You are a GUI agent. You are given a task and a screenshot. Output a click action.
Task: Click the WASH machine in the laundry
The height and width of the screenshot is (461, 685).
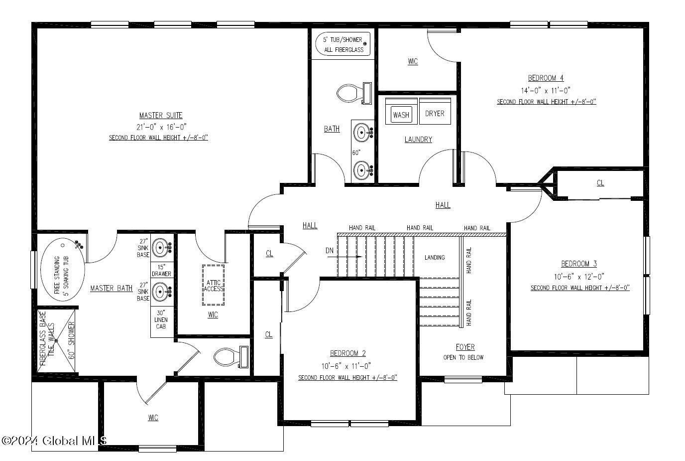tap(401, 111)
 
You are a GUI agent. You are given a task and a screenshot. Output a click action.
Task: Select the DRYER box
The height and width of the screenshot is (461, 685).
tap(435, 111)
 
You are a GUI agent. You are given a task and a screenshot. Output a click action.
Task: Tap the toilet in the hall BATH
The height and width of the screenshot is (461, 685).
tap(354, 93)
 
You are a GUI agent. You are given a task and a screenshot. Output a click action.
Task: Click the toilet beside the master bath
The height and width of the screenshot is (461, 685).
tap(231, 357)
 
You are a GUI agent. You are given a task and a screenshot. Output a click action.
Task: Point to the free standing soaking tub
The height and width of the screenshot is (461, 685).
tap(63, 270)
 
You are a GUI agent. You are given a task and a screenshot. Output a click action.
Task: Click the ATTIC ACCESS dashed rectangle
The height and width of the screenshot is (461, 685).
tap(213, 285)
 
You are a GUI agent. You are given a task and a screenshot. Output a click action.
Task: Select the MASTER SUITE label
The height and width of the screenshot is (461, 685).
tap(161, 116)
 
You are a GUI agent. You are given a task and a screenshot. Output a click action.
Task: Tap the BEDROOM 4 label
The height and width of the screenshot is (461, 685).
tap(546, 78)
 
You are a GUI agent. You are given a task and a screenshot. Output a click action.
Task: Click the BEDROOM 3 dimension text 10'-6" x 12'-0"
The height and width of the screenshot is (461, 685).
tap(579, 277)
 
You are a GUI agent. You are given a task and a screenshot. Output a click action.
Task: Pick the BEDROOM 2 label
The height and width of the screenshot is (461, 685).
tap(347, 353)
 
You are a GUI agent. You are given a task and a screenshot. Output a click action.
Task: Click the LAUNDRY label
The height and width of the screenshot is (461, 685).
tap(418, 140)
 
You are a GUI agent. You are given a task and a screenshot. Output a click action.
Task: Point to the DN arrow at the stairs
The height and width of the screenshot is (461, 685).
tap(344, 257)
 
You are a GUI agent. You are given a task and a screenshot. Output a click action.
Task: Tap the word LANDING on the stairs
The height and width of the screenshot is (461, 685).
tap(435, 258)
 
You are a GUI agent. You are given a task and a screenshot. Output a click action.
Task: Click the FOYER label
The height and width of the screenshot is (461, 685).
tap(465, 347)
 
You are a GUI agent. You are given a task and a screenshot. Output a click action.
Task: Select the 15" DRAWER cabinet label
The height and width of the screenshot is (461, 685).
tap(161, 270)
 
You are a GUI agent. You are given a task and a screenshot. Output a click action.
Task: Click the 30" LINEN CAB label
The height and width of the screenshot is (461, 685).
tap(161, 319)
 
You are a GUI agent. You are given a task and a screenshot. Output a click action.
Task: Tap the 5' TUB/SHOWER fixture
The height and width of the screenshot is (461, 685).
tap(343, 44)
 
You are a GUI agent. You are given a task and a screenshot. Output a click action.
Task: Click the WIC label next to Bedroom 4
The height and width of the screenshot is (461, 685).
tap(413, 61)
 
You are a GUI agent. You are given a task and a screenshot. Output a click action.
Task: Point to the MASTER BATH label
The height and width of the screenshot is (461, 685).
tap(112, 289)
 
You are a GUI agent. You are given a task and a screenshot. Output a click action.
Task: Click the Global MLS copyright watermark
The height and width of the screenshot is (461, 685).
tap(54, 441)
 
